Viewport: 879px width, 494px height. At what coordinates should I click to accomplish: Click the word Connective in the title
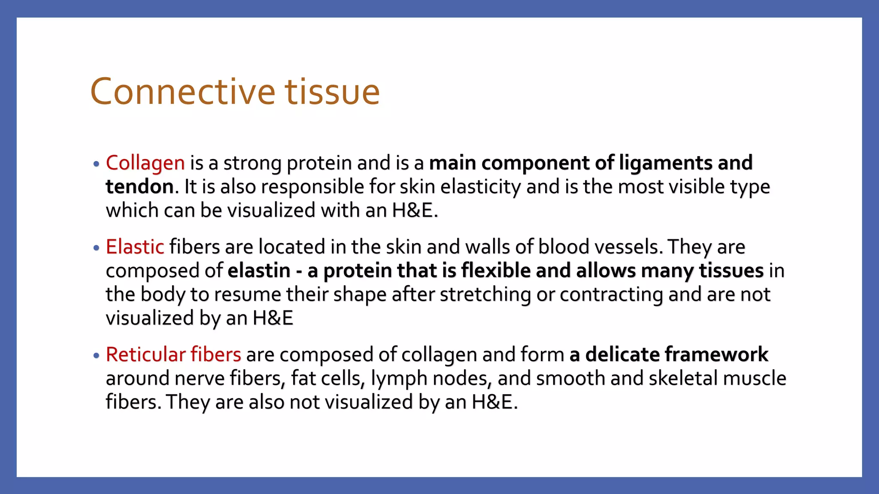[x=182, y=92]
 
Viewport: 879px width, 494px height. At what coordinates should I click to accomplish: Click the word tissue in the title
[x=333, y=92]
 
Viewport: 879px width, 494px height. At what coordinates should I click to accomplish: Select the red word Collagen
[x=145, y=163]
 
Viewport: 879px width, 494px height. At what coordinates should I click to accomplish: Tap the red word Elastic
[x=135, y=247]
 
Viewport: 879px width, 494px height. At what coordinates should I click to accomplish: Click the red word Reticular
[x=146, y=355]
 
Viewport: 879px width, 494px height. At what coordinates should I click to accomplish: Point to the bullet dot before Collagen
[x=96, y=164]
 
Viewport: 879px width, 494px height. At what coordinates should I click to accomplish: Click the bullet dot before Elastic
[x=96, y=248]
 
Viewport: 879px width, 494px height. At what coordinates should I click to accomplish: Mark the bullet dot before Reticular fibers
[x=96, y=355]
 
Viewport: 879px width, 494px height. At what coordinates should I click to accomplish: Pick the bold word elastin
[x=259, y=271]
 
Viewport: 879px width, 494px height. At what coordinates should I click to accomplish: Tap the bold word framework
[x=716, y=355]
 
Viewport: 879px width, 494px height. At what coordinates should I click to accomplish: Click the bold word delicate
[x=622, y=355]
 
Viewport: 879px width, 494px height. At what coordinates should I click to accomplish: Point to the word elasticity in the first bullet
[x=480, y=187]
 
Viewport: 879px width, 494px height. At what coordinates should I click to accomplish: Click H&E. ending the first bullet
[x=415, y=211]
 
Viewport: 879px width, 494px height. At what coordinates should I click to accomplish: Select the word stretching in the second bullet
[x=485, y=295]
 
